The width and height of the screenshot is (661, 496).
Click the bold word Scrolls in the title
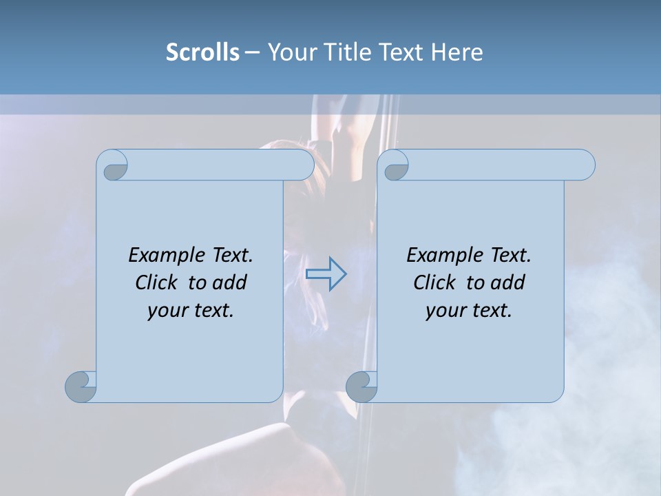202,52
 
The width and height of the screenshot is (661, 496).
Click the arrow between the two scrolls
326,273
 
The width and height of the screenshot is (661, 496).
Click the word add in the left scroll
231,282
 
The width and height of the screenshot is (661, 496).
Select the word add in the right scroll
509,282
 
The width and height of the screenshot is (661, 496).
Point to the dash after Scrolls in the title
252,52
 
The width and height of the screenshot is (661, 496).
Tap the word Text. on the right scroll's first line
510,256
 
